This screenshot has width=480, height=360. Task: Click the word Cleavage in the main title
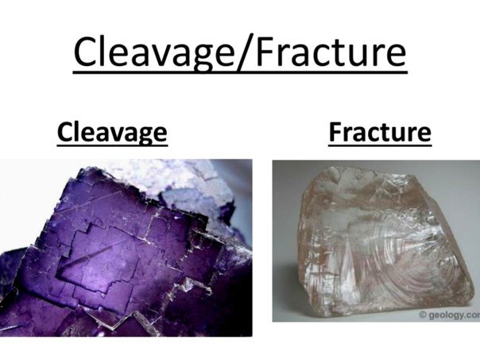tap(153, 52)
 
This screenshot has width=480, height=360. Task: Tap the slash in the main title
tap(245, 52)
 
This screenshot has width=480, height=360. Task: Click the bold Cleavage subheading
tap(112, 132)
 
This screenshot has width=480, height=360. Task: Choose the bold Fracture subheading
tap(380, 132)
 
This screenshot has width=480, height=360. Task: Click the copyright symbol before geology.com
tap(423, 315)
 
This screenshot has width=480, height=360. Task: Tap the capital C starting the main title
tap(87, 52)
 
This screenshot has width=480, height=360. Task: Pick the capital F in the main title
tap(265, 52)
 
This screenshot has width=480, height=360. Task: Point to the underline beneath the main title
tap(240, 72)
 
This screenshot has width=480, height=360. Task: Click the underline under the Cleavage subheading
tap(112, 145)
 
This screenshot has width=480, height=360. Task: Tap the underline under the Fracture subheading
tap(380, 145)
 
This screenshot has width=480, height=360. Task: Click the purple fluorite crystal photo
tap(126, 248)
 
